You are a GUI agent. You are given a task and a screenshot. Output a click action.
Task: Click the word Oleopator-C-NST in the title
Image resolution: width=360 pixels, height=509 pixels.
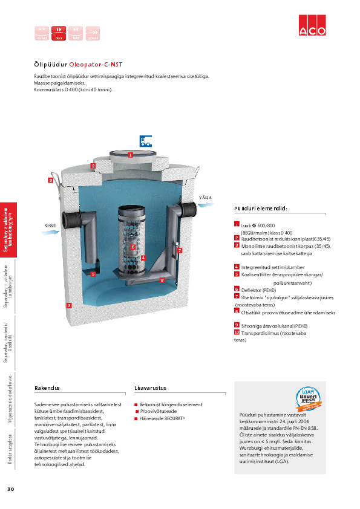tap(100, 64)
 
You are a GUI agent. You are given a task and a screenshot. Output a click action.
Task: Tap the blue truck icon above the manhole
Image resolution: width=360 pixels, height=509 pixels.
tap(145, 141)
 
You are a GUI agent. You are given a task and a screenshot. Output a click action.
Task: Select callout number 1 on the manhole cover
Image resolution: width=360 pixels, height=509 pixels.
tap(130, 155)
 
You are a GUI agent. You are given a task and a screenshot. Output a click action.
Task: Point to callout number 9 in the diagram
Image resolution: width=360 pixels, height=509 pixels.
tap(51, 180)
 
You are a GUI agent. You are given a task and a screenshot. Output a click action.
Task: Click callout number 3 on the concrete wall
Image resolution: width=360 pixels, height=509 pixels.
tap(69, 306)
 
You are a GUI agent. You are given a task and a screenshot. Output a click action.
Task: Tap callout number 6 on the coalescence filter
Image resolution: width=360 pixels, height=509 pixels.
tap(133, 247)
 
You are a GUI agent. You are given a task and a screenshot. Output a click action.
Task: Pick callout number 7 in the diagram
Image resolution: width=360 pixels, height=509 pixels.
tap(180, 250)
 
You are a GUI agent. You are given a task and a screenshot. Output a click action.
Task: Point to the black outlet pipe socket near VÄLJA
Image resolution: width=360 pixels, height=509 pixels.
tap(188, 210)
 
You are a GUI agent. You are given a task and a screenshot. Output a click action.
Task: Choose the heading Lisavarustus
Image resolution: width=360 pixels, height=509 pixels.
tap(150, 387)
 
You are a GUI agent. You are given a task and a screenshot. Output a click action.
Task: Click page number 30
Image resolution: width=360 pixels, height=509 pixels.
tap(10, 488)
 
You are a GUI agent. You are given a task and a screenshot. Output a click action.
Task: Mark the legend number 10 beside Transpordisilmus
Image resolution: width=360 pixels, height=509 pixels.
tap(237, 332)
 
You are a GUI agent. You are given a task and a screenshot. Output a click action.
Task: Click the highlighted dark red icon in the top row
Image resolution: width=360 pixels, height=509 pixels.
tap(59, 33)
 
